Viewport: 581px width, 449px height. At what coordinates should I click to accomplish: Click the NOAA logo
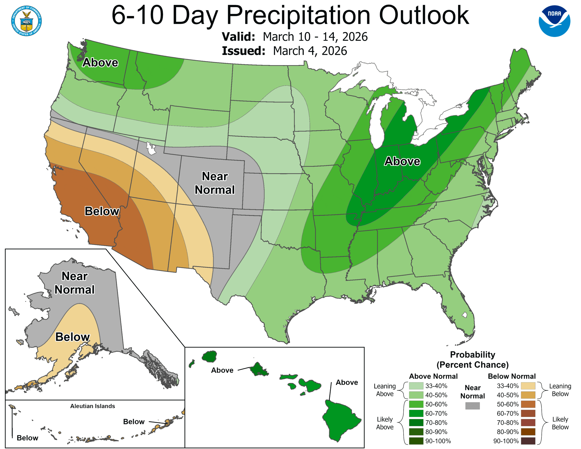554,21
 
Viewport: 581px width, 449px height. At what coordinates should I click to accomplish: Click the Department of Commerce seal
26,21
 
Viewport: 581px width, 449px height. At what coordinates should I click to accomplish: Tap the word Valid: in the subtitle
238,37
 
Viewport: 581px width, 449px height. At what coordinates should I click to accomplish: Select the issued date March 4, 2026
310,51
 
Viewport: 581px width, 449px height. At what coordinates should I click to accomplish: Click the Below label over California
102,211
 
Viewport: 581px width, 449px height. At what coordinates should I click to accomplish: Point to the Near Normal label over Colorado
215,183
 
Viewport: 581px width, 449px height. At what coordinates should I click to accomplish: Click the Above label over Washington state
100,63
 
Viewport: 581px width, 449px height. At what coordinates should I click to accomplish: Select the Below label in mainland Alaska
72,337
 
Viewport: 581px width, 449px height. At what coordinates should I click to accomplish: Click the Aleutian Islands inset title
93,406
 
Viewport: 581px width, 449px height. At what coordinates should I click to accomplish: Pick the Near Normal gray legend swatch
473,406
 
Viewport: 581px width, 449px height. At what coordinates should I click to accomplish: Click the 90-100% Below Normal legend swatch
528,441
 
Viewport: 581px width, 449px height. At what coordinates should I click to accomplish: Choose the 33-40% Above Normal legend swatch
416,386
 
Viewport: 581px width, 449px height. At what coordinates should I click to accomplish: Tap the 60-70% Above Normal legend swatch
416,413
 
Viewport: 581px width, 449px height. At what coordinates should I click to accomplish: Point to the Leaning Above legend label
385,390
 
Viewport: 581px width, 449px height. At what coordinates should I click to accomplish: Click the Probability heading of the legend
473,355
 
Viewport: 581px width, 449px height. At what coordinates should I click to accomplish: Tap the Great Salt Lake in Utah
151,148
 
